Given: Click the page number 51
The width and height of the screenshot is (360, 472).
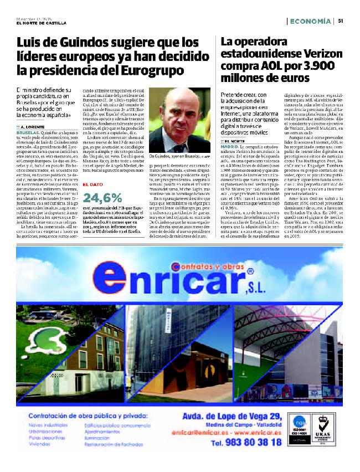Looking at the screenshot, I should click(341, 21).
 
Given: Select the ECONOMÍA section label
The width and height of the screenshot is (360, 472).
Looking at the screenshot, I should click(310, 21).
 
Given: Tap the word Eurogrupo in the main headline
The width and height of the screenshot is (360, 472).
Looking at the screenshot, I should click(148, 70).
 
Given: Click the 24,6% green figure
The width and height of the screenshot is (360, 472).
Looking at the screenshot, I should click(102, 197).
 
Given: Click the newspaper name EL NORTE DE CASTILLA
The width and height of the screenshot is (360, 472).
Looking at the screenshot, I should click(42, 22).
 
